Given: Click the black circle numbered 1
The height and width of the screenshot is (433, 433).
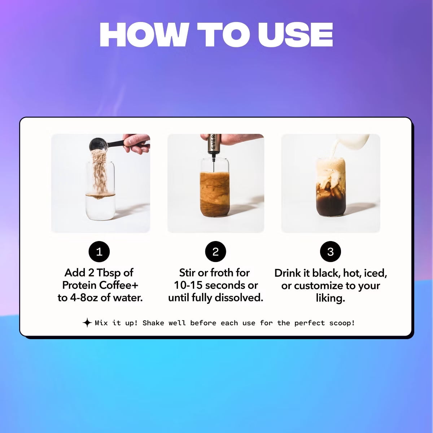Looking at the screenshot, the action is coord(99,252).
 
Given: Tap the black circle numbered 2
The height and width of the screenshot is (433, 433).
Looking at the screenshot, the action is coord(215,252).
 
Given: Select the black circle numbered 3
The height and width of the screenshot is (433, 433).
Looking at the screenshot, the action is coord(330,252).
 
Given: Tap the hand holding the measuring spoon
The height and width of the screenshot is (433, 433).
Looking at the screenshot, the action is coord(136,143).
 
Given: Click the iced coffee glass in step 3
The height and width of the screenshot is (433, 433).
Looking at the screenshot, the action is coord(331,187).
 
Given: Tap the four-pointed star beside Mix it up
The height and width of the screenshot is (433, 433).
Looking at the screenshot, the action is coord(87,323).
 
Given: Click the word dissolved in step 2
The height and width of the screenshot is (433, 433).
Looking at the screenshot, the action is coord(239,298).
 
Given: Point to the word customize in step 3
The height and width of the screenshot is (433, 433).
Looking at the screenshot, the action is coord(319,286).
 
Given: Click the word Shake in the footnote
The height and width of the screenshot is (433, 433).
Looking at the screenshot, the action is coord(153,323).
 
